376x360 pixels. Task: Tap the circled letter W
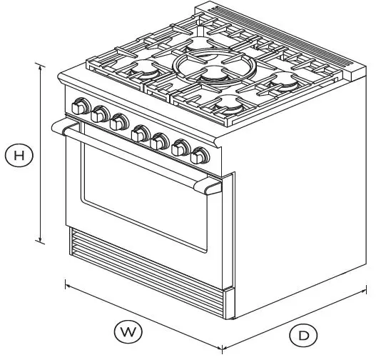click(128, 331)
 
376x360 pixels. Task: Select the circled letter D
click(303, 335)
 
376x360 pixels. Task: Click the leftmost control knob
click(79, 108)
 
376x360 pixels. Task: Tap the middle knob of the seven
click(140, 131)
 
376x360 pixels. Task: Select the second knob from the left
click(99, 114)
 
